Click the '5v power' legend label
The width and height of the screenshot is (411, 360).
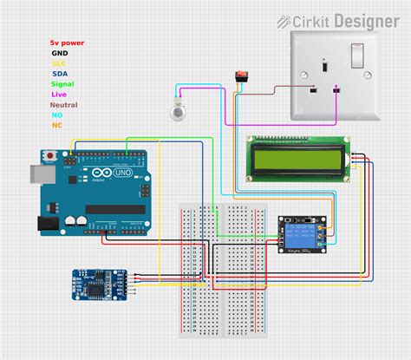pos(68,42)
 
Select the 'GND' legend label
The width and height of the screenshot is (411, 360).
pos(59,52)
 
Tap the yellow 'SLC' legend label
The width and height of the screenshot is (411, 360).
pos(59,62)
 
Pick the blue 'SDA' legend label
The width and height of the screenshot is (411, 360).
pos(59,73)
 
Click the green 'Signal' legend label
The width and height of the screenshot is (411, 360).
pos(62,83)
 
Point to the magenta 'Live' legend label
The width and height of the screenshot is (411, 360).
pos(59,94)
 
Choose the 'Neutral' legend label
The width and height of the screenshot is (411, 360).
pos(64,104)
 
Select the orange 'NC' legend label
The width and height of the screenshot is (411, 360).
pos(57,125)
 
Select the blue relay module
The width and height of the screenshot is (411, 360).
pos(300,233)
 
